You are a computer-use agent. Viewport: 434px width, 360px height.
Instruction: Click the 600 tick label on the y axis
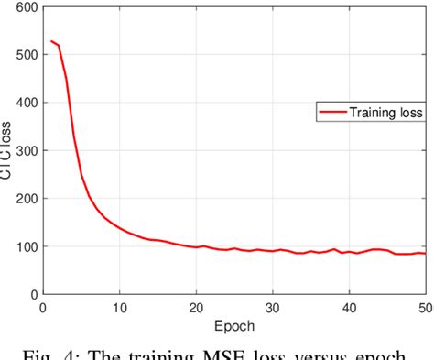pos(25,8)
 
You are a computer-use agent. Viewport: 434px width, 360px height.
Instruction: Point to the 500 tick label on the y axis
pos(25,56)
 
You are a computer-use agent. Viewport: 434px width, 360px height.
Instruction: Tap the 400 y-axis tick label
pos(25,104)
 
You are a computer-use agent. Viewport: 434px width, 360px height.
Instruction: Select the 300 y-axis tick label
pos(25,151)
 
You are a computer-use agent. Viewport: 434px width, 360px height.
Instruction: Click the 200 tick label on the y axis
pos(25,199)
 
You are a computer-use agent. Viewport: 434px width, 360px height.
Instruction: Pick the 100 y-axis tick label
pos(25,246)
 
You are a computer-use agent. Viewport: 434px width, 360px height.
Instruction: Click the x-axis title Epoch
pos(234,325)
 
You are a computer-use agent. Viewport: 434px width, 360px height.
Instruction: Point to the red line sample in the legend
pos(331,113)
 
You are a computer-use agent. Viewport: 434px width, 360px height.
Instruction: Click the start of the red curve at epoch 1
pos(51,40)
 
